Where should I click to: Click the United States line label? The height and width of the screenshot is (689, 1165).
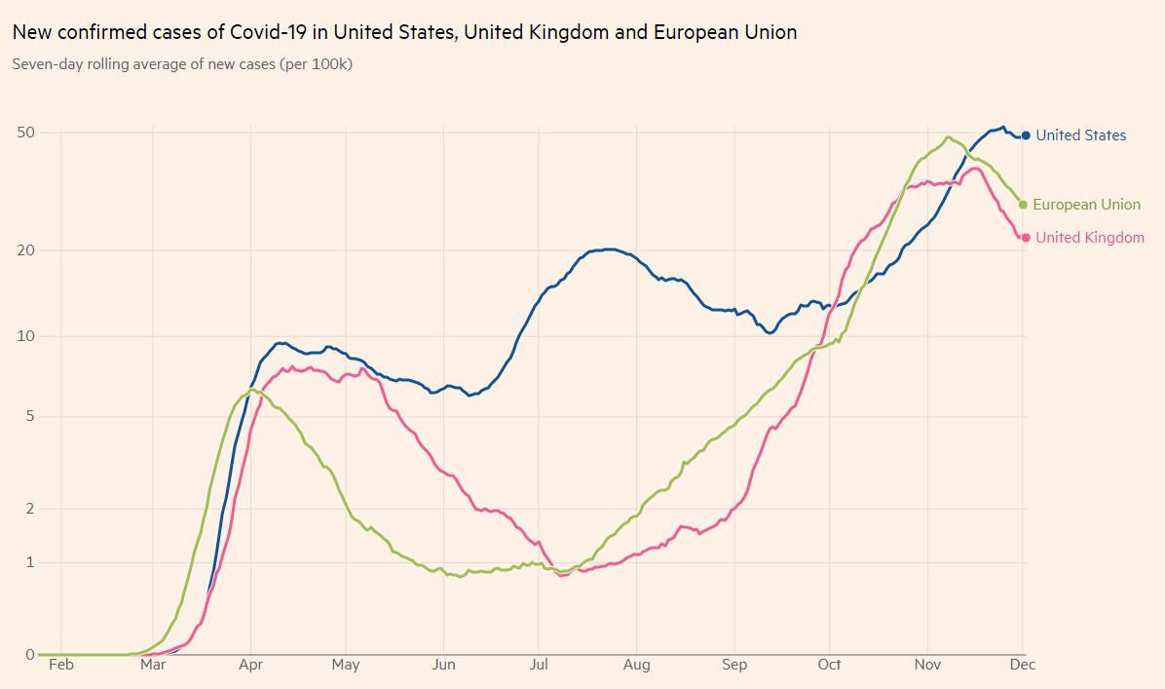1080,135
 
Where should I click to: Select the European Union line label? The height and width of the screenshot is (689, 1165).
1086,205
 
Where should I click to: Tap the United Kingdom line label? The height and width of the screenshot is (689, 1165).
1090,238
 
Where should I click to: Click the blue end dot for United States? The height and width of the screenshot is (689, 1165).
1026,135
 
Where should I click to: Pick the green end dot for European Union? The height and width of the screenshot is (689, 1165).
1023,205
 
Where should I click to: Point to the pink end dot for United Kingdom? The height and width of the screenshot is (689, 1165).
1026,238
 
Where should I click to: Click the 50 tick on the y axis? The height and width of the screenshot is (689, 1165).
26,132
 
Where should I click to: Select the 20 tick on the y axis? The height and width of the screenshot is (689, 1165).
26,250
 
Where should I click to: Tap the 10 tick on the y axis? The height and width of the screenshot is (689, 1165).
26,337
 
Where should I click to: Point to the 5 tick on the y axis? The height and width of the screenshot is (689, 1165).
30,417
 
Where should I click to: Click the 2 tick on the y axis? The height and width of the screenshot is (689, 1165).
30,509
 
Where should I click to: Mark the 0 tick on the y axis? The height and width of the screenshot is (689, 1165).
30,655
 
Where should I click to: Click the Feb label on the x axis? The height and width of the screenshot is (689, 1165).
60,665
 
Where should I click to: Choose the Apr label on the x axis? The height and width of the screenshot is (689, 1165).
251,665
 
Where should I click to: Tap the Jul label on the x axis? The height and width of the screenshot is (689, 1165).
537,665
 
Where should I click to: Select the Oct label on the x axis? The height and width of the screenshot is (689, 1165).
829,665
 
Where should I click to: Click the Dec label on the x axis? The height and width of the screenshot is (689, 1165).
1022,665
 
